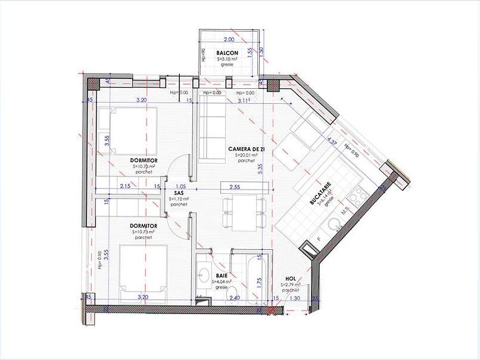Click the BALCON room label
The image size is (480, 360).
pyautogui.click(x=227, y=53)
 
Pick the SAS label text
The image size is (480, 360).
pyautogui.click(x=178, y=193)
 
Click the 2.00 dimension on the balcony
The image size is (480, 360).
pyautogui.click(x=228, y=39)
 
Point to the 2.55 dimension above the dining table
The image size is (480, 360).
pyautogui.click(x=235, y=187)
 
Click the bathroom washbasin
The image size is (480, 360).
pyautogui.click(x=204, y=275)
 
